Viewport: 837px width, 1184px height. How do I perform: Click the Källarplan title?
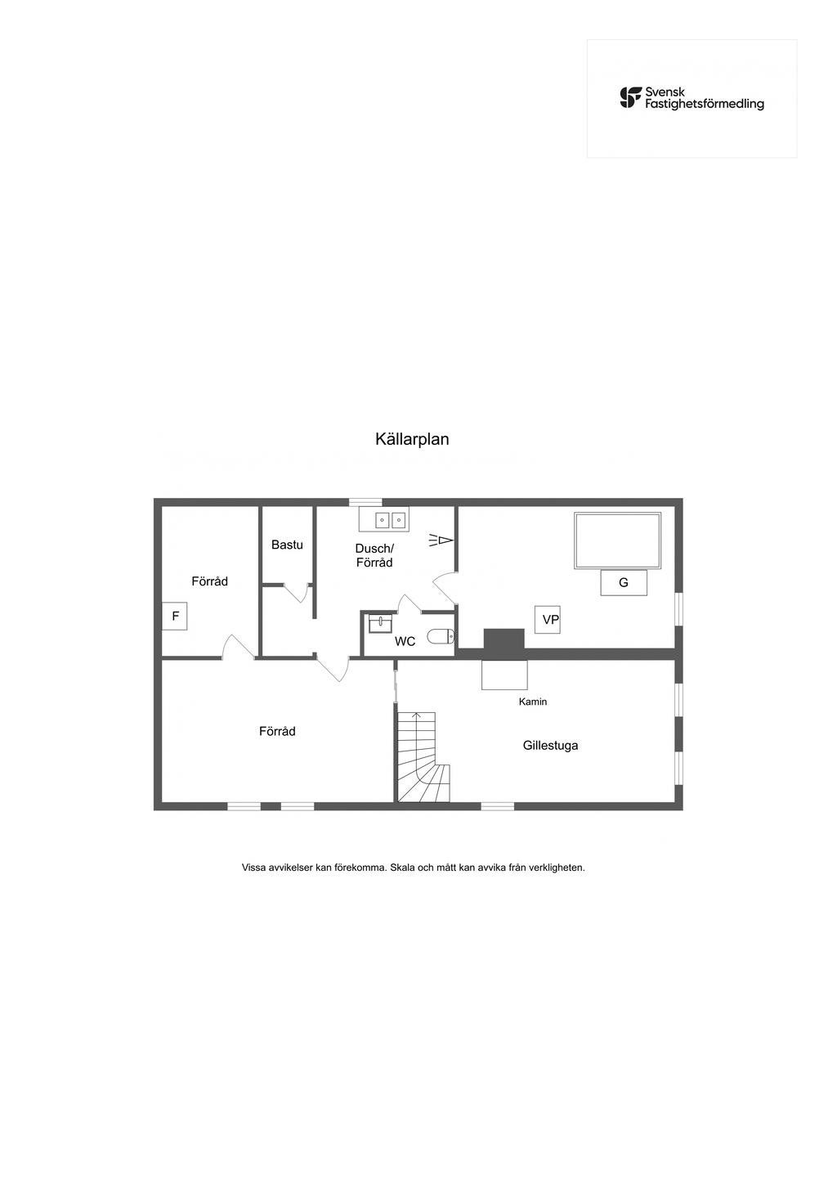point(412,439)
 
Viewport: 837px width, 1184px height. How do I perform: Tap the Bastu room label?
point(287,545)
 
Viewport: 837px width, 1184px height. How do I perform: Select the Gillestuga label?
point(550,745)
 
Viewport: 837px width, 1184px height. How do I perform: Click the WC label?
point(405,642)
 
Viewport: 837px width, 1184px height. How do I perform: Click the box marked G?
point(624,583)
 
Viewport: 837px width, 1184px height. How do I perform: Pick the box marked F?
point(175,617)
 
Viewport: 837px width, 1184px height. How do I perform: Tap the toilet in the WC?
point(441,637)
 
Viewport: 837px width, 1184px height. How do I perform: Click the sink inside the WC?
point(381,624)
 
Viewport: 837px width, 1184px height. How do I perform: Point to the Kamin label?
point(533,702)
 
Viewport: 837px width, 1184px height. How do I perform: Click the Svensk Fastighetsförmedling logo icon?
point(630,98)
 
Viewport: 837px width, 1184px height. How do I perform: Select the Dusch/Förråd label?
point(374,555)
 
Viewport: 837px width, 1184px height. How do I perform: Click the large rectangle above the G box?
point(617,540)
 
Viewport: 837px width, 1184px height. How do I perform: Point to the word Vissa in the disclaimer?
point(255,868)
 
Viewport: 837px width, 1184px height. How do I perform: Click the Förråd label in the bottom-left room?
point(277,731)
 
